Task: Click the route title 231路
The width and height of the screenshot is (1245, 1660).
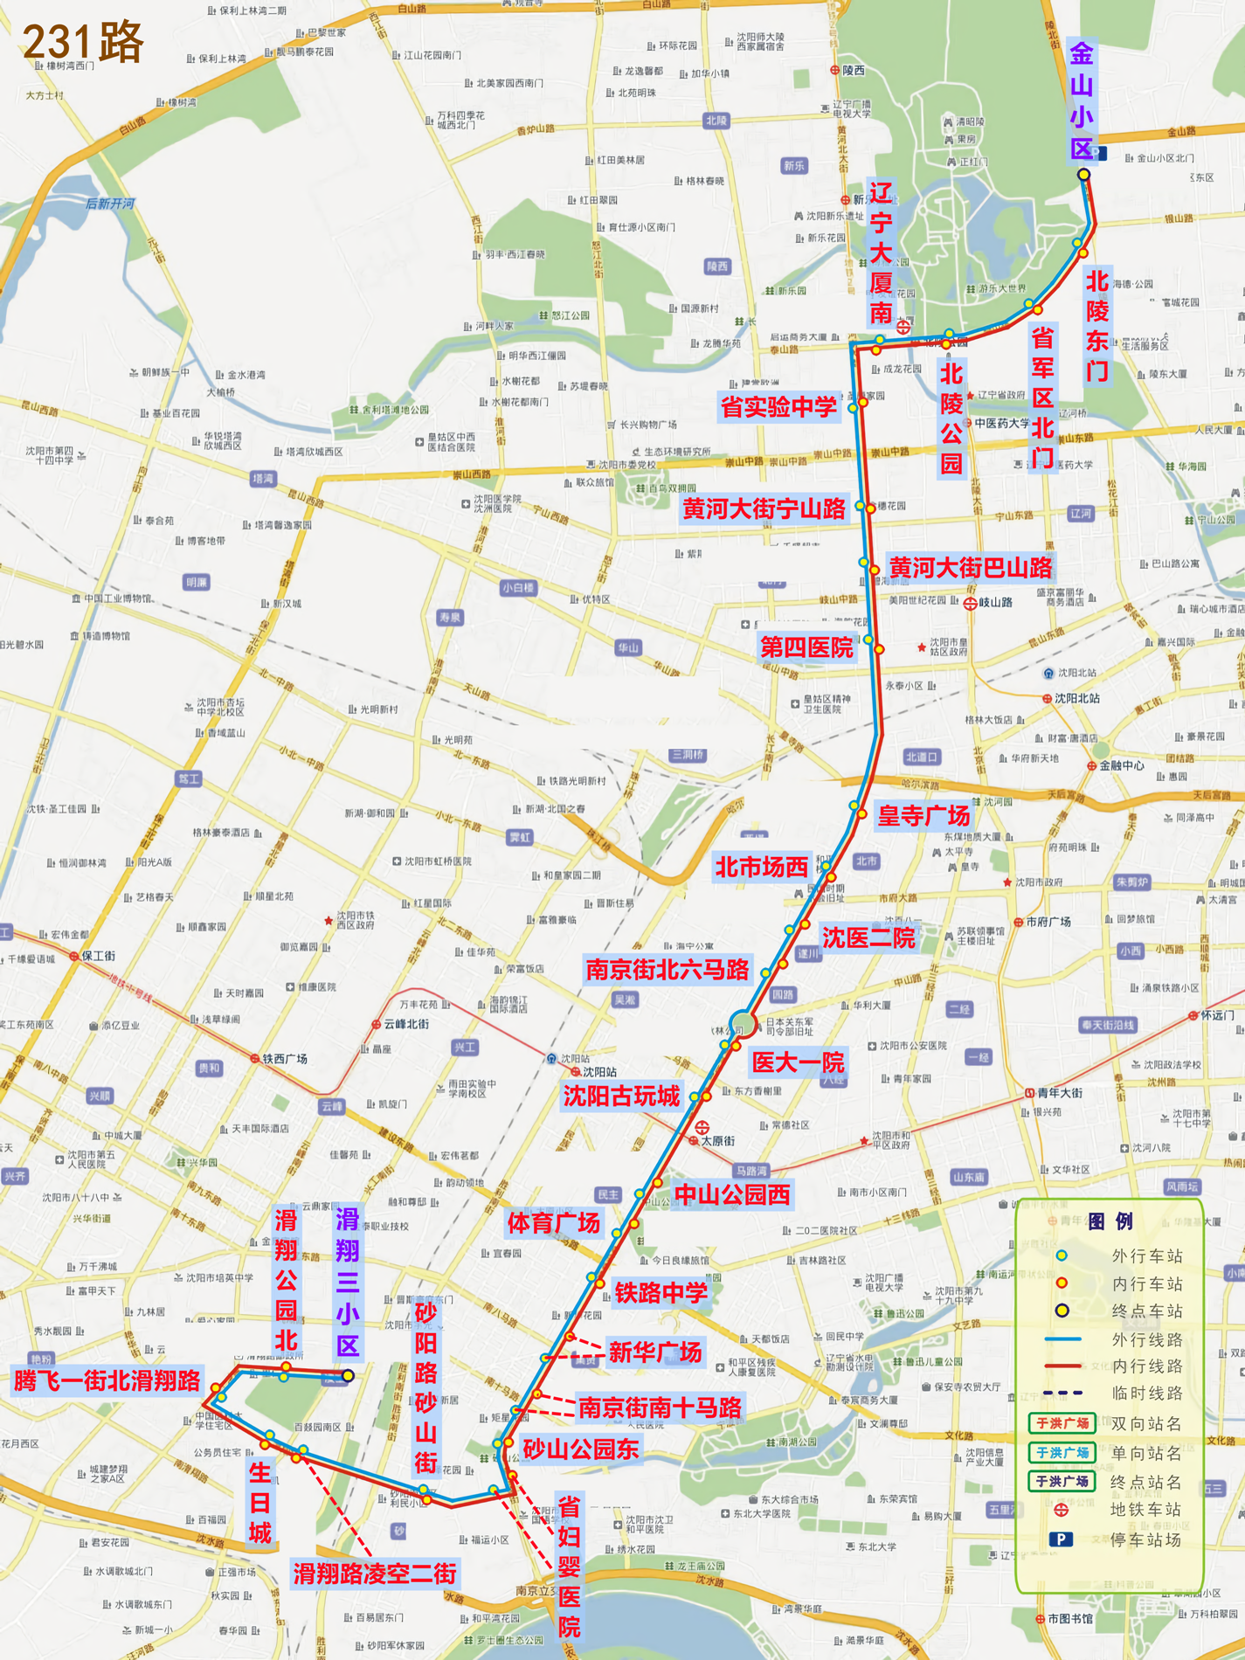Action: pos(82,42)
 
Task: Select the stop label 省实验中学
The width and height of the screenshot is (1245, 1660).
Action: pos(778,407)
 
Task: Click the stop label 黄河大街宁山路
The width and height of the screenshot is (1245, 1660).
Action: pos(764,508)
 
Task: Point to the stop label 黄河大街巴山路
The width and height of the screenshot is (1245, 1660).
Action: pos(971,568)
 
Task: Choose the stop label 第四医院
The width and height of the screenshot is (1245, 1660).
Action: pos(806,647)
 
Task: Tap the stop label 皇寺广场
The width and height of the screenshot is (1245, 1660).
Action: pos(923,816)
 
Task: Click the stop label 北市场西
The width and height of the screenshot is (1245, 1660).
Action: pos(762,867)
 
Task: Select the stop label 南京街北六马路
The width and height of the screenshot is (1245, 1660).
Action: pos(667,969)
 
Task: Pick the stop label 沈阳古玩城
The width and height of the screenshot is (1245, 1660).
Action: pos(621,1096)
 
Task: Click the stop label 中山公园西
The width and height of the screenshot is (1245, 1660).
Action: pos(732,1194)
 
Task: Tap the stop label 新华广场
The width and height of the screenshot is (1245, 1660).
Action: pos(654,1352)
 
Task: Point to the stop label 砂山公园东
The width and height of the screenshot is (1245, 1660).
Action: pos(581,1449)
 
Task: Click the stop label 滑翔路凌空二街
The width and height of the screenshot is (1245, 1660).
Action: pos(374,1574)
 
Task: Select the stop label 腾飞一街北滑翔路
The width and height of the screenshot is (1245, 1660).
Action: pos(107,1380)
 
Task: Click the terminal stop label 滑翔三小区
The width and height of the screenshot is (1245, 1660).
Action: pos(348,1282)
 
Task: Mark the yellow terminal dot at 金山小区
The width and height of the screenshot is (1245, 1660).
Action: pos(1083,175)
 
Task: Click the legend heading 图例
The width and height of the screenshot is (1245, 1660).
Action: pos(1110,1221)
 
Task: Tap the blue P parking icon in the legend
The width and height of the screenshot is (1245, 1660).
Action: pos(1061,1539)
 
